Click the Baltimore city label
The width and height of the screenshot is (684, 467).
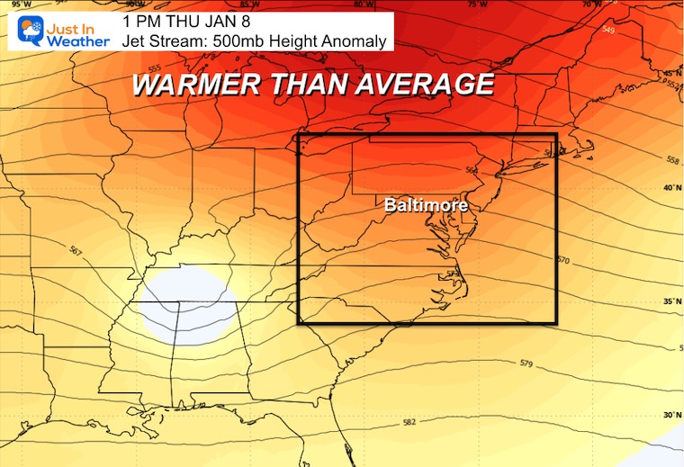(426, 205)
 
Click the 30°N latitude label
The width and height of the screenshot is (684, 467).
(670, 416)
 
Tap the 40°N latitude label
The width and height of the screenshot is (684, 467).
(670, 188)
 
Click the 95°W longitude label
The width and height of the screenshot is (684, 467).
(12, 4)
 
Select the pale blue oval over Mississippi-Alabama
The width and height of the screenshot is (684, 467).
(188, 303)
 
